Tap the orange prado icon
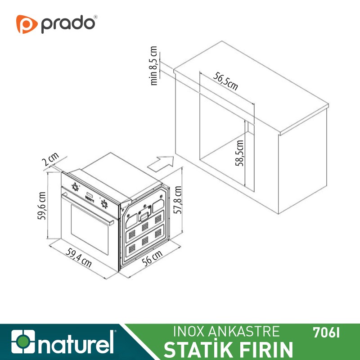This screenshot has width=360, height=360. click(x=27, y=24)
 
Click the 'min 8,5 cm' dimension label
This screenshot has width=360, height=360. click(x=154, y=66)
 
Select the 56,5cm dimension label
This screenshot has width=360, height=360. click(x=225, y=81)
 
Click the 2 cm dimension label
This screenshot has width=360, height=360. click(x=53, y=160)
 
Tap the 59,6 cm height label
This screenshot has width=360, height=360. click(x=41, y=206)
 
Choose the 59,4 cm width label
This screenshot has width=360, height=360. click(x=79, y=258)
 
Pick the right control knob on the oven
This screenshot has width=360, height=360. click(x=104, y=203)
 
